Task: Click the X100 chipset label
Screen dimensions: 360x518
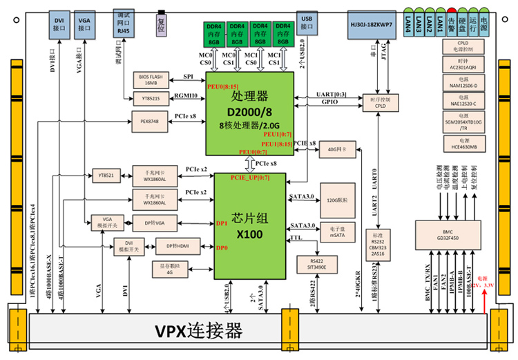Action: tap(249, 234)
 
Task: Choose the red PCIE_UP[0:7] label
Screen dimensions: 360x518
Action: tap(249, 178)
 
